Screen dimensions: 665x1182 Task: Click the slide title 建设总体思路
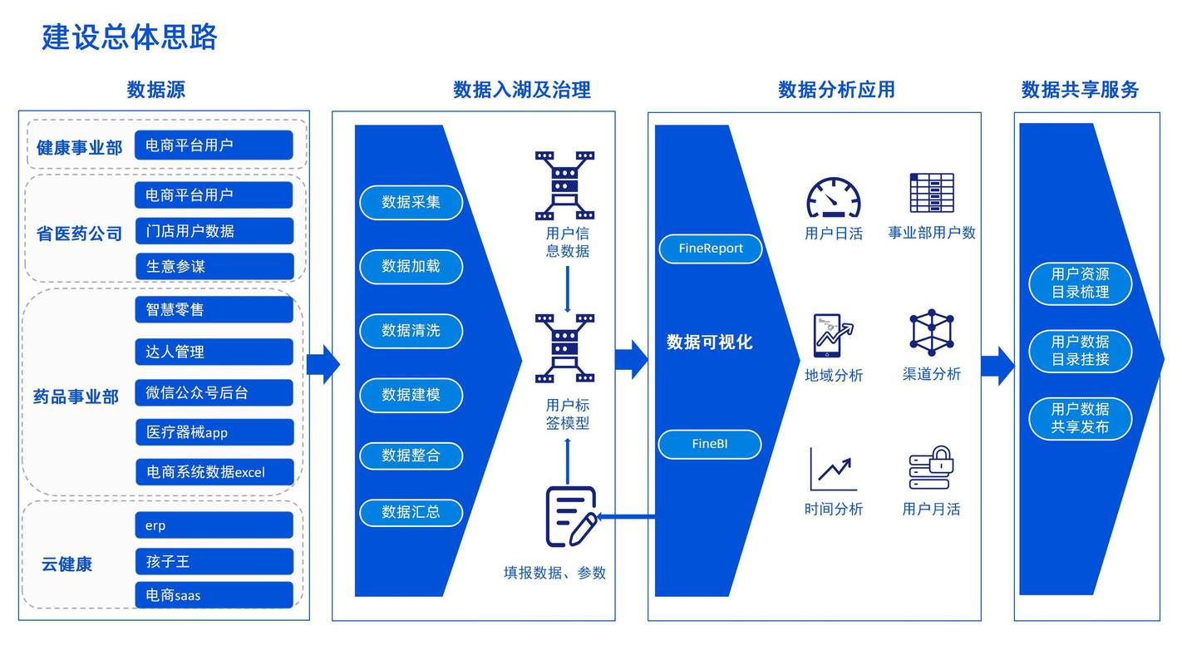130,37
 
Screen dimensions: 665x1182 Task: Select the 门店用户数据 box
214,231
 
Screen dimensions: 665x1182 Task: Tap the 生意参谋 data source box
214,266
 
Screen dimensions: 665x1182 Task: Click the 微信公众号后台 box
214,392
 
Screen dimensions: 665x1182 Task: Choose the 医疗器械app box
214,432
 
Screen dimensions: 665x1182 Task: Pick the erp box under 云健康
214,525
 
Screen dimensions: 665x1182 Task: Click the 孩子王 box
214,561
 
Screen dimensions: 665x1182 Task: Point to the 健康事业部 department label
79,147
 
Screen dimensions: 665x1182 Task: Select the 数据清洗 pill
411,330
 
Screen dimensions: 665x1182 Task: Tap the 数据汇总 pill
411,512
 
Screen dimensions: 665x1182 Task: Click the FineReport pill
710,249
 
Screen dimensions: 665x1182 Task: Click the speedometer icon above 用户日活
833,198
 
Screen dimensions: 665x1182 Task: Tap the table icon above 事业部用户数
931,193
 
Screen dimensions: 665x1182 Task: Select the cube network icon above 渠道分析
931,332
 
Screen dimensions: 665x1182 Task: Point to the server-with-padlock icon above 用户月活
931,468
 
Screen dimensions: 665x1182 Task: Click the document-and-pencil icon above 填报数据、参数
570,516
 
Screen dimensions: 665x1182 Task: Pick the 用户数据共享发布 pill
1080,417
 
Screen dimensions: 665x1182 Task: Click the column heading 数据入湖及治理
521,90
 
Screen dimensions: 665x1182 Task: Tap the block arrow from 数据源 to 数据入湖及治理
323,364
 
